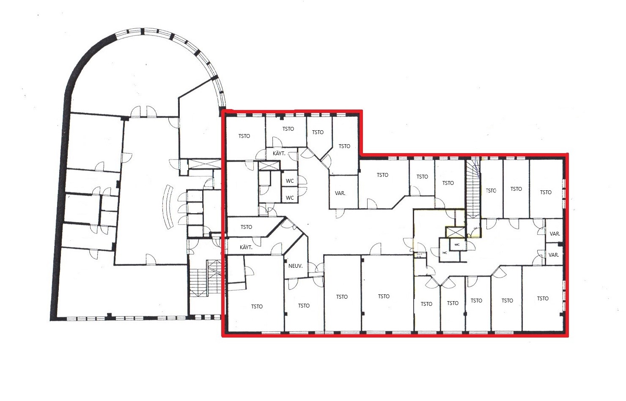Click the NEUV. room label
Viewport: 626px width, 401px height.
click(295, 266)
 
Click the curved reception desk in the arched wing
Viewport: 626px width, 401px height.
click(168, 207)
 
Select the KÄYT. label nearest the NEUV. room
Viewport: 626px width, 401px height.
click(246, 247)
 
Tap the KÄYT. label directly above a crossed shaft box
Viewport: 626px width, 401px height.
click(279, 154)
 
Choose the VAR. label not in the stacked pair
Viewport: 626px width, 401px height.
click(340, 193)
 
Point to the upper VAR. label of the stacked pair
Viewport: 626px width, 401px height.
click(555, 233)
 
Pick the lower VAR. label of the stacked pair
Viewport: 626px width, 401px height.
click(554, 255)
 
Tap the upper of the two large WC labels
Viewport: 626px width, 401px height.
click(290, 181)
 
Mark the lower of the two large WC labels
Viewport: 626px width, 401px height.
click(290, 198)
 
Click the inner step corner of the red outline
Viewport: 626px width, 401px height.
click(362, 154)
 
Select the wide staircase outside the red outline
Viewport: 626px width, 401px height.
click(207, 278)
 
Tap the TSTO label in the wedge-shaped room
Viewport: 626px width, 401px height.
click(246, 227)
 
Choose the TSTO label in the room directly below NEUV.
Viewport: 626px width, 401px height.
click(304, 306)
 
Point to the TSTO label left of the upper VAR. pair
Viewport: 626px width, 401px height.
click(546, 192)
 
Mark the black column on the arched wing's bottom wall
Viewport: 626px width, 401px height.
click(109, 316)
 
